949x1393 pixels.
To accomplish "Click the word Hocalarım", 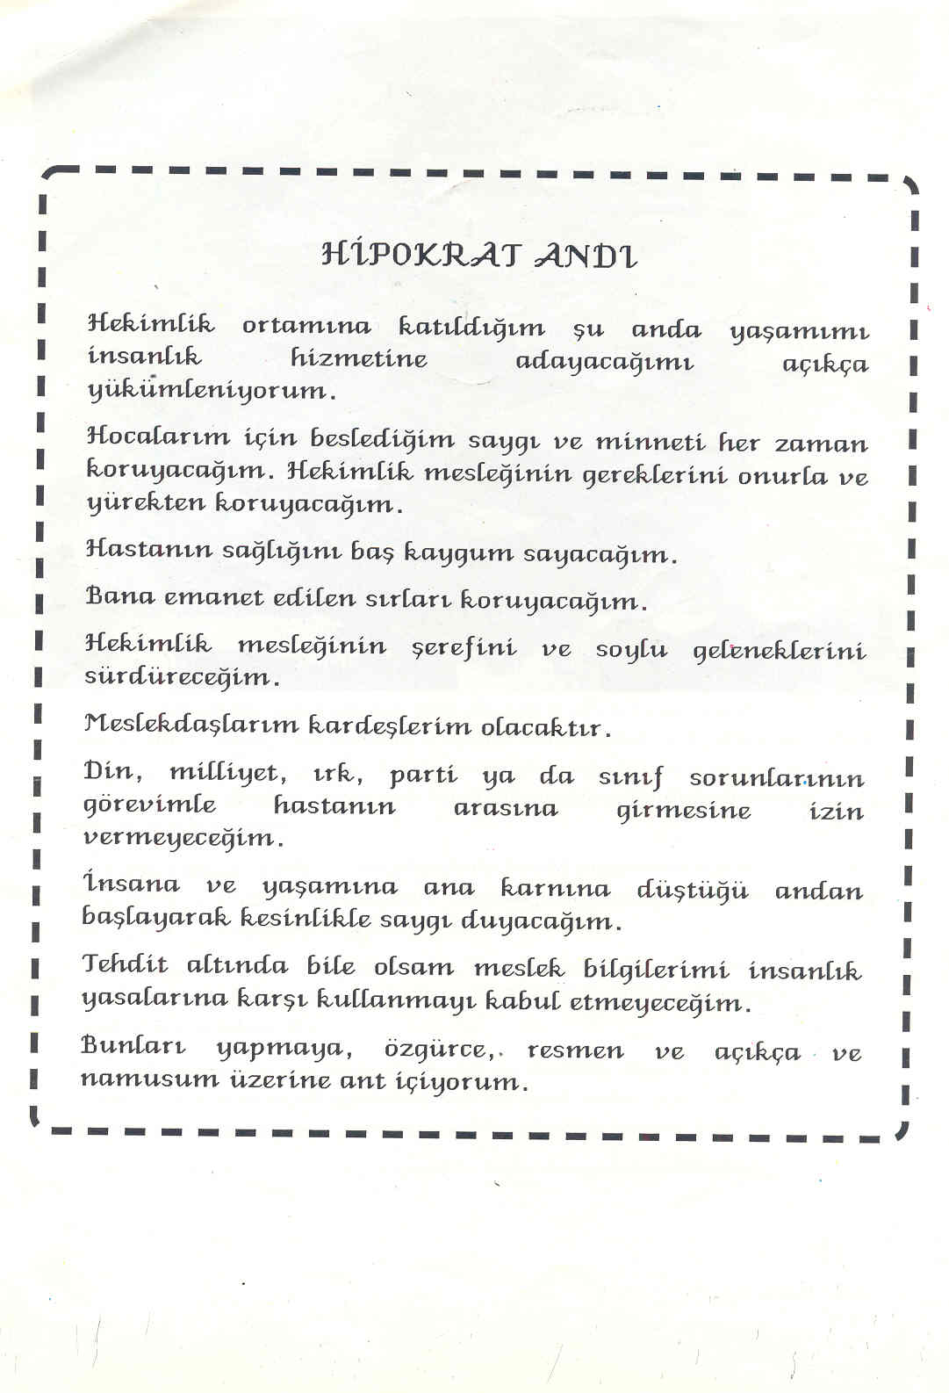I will pos(158,436).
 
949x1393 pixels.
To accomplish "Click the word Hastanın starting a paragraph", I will pos(147,549).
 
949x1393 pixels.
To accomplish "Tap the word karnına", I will pos(555,889).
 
